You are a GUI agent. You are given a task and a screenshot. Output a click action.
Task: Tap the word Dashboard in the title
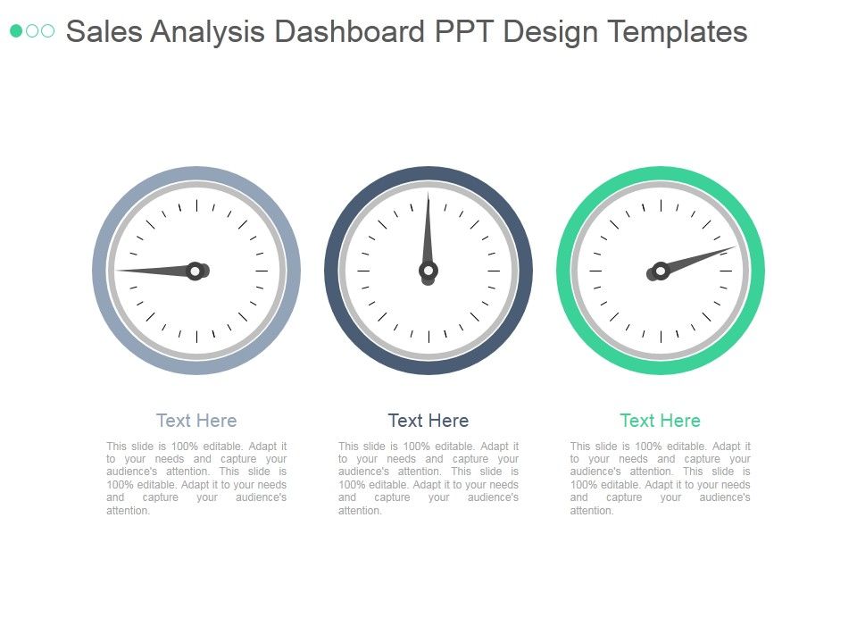[x=349, y=32]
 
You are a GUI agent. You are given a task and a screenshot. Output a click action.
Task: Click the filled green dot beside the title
[x=16, y=31]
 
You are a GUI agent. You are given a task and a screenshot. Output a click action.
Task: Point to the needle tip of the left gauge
[x=117, y=270]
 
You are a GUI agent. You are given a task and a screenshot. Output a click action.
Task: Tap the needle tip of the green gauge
[x=736, y=247]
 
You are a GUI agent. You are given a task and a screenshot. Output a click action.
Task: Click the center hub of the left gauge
[x=196, y=270]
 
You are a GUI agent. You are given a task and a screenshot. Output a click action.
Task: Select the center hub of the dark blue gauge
[x=428, y=270]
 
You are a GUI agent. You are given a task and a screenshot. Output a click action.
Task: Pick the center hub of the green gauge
[x=661, y=270]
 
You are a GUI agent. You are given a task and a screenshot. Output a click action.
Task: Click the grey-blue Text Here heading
[x=196, y=420]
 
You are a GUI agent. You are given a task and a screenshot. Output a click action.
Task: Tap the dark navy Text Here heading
[x=428, y=420]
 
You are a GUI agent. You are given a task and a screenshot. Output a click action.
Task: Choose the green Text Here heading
[x=661, y=420]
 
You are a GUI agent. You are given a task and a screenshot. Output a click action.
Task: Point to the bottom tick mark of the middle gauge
[x=428, y=336]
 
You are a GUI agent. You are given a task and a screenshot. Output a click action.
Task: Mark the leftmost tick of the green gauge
[x=595, y=270]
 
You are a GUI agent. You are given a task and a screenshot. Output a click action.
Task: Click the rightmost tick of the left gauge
[x=262, y=270]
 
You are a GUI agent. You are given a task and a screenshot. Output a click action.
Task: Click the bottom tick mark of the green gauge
[x=661, y=336]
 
